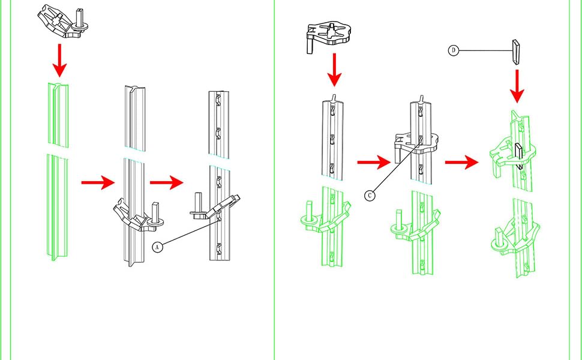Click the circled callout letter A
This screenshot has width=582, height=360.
click(x=158, y=246)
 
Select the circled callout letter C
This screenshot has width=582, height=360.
click(x=371, y=196)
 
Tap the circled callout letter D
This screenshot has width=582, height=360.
click(x=454, y=51)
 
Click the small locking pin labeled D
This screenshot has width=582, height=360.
click(x=516, y=52)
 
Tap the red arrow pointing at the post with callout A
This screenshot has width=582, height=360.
click(x=166, y=182)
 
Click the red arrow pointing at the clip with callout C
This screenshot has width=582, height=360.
click(x=370, y=161)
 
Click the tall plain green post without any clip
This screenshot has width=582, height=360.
click(x=58, y=174)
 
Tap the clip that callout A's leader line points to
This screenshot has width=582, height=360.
click(x=216, y=208)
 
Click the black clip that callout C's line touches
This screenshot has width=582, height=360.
click(x=417, y=142)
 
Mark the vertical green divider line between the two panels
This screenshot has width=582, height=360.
click(x=275, y=180)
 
